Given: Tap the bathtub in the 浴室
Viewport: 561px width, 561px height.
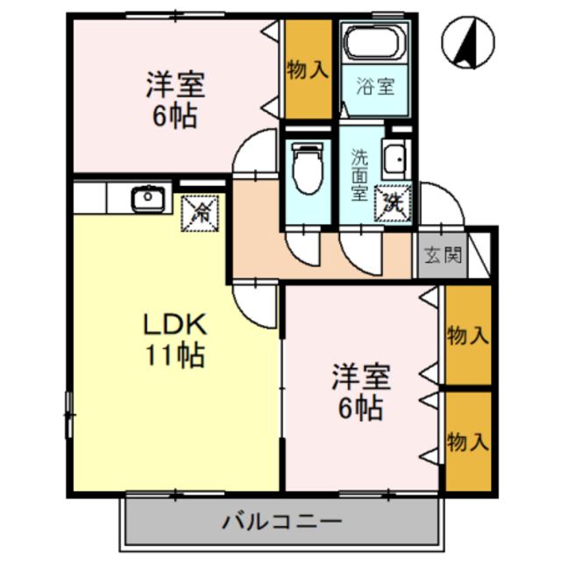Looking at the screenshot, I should click(x=375, y=43).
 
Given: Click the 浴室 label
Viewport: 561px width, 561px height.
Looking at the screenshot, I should click(x=375, y=87).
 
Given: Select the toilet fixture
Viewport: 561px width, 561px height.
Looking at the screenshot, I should click(x=307, y=167).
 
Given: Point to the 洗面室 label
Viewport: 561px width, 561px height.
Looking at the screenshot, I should click(x=360, y=175).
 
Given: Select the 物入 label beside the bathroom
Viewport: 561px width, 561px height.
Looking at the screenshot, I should click(x=307, y=70).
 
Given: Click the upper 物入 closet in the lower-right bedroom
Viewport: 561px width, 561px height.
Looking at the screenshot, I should click(x=467, y=335).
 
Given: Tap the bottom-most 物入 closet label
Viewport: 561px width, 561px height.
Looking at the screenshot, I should click(x=467, y=441).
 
